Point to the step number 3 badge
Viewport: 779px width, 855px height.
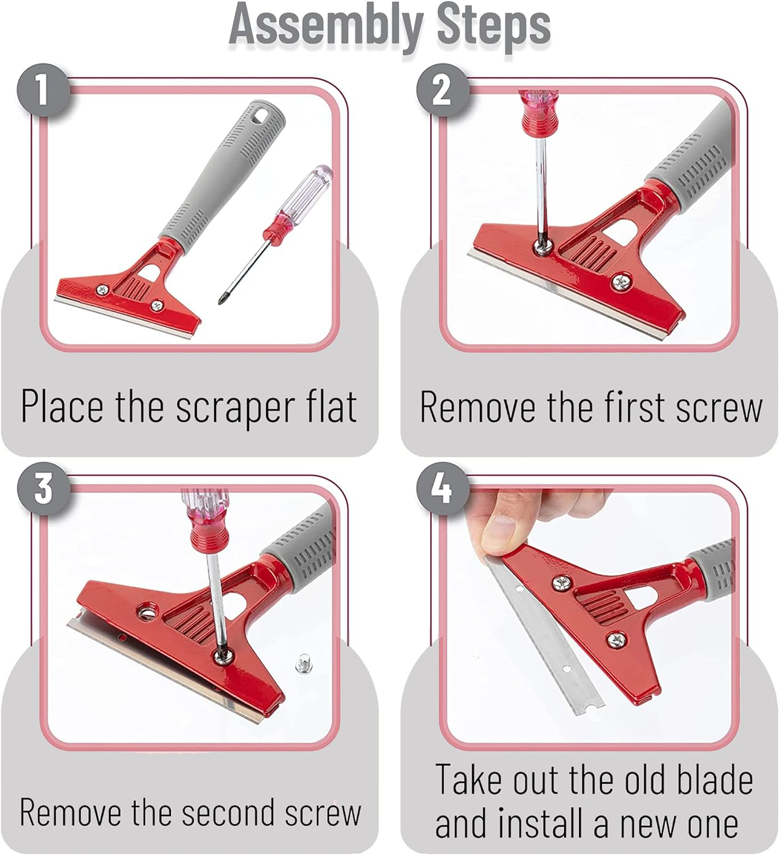pyautogui.click(x=43, y=488)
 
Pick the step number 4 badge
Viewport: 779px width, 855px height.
pyautogui.click(x=442, y=488)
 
